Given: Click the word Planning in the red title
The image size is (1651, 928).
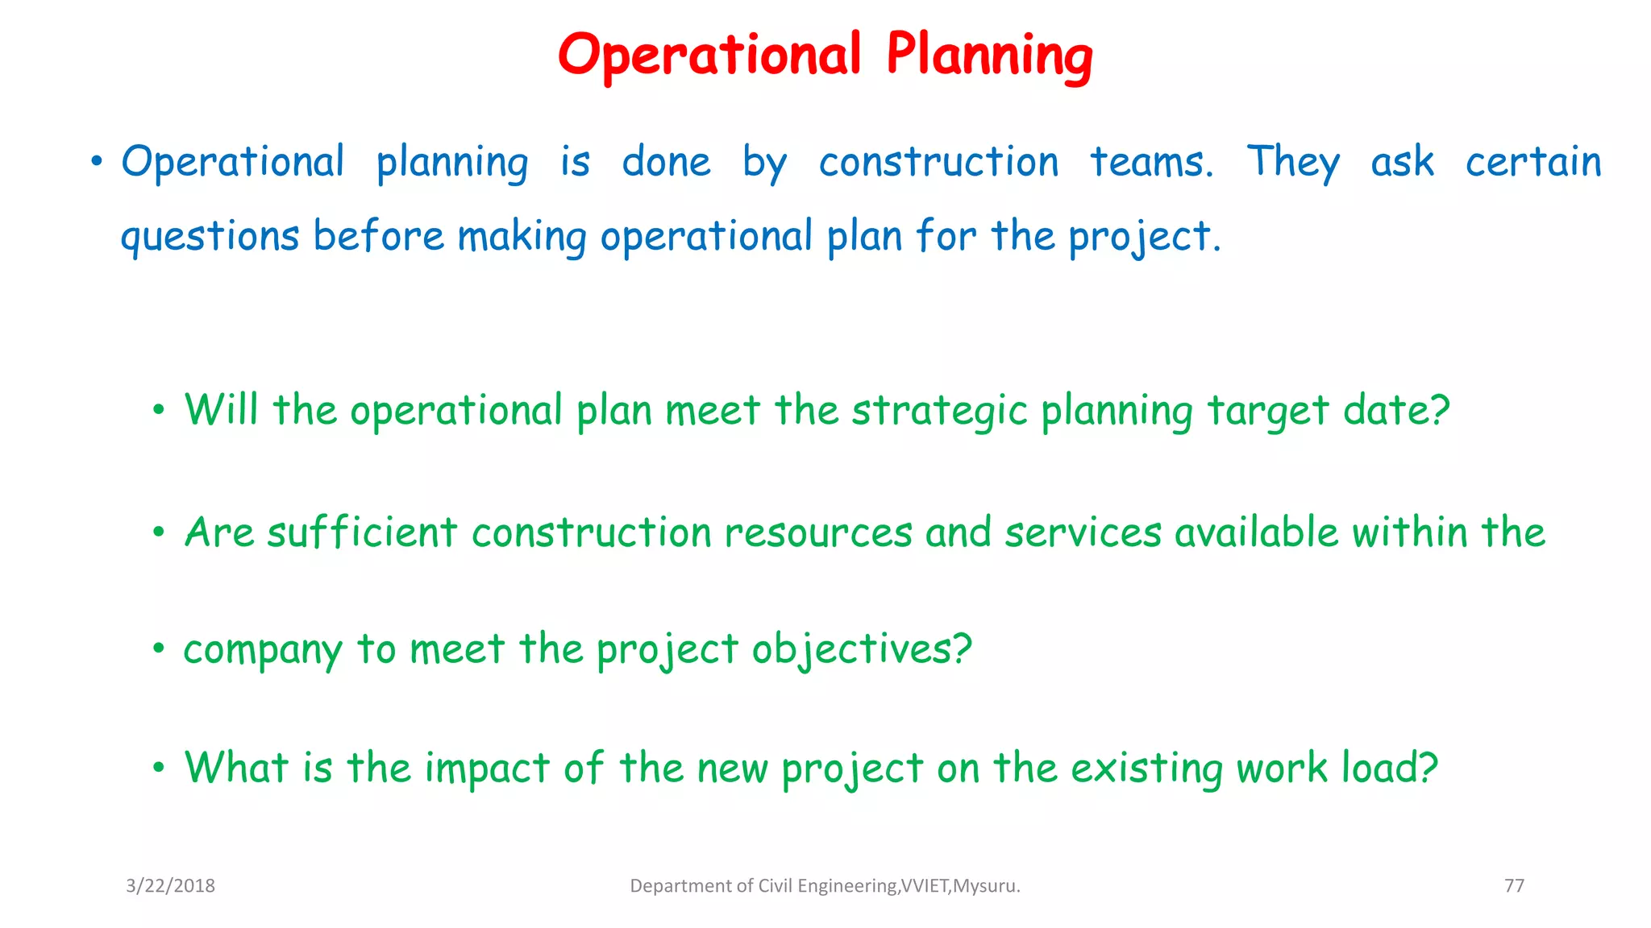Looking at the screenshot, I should point(989,56).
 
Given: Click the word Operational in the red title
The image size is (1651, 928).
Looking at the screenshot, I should point(709,56).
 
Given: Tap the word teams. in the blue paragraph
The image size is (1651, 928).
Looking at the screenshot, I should point(1151,162).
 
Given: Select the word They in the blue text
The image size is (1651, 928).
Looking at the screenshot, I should point(1293,162).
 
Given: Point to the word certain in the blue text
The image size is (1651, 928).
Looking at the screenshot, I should point(1532,162).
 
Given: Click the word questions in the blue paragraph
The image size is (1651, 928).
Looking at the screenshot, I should point(210,237).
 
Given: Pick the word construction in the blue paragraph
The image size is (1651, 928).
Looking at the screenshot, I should point(938,162).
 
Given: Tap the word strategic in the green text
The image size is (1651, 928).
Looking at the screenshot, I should point(939,411).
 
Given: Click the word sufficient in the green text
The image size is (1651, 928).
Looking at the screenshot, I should point(362,532).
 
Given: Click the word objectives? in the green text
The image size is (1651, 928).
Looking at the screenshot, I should point(862,650).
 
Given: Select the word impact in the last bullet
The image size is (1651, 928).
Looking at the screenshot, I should point(487,768).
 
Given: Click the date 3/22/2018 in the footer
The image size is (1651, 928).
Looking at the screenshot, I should point(170,886).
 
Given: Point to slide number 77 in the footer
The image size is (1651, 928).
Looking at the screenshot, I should point(1514,886).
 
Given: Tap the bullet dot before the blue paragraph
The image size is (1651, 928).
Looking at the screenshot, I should point(97,163).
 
